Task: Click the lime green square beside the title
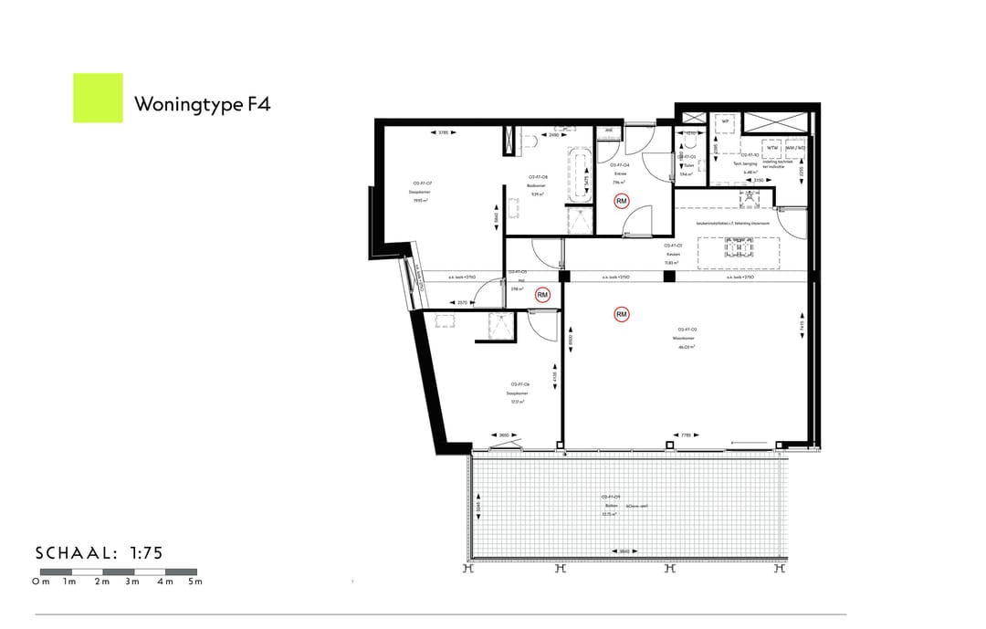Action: pyautogui.click(x=98, y=98)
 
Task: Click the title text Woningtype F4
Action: pyautogui.click(x=202, y=103)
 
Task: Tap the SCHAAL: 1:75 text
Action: pyautogui.click(x=99, y=553)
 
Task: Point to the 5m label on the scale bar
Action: pyautogui.click(x=194, y=582)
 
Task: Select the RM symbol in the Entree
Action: pyautogui.click(x=622, y=201)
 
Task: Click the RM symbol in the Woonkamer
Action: pyautogui.click(x=622, y=315)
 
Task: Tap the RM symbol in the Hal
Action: pyautogui.click(x=542, y=295)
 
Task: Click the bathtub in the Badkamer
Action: pyautogui.click(x=580, y=175)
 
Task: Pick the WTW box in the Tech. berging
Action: pyautogui.click(x=772, y=147)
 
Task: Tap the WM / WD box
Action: pyautogui.click(x=796, y=147)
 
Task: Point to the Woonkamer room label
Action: pyautogui.click(x=687, y=338)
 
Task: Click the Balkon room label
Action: pyautogui.click(x=611, y=505)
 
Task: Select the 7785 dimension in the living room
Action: pyautogui.click(x=686, y=435)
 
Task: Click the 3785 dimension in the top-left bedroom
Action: pyautogui.click(x=443, y=133)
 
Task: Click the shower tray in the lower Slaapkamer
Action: pyautogui.click(x=500, y=326)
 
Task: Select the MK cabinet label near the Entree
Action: pyautogui.click(x=609, y=131)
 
